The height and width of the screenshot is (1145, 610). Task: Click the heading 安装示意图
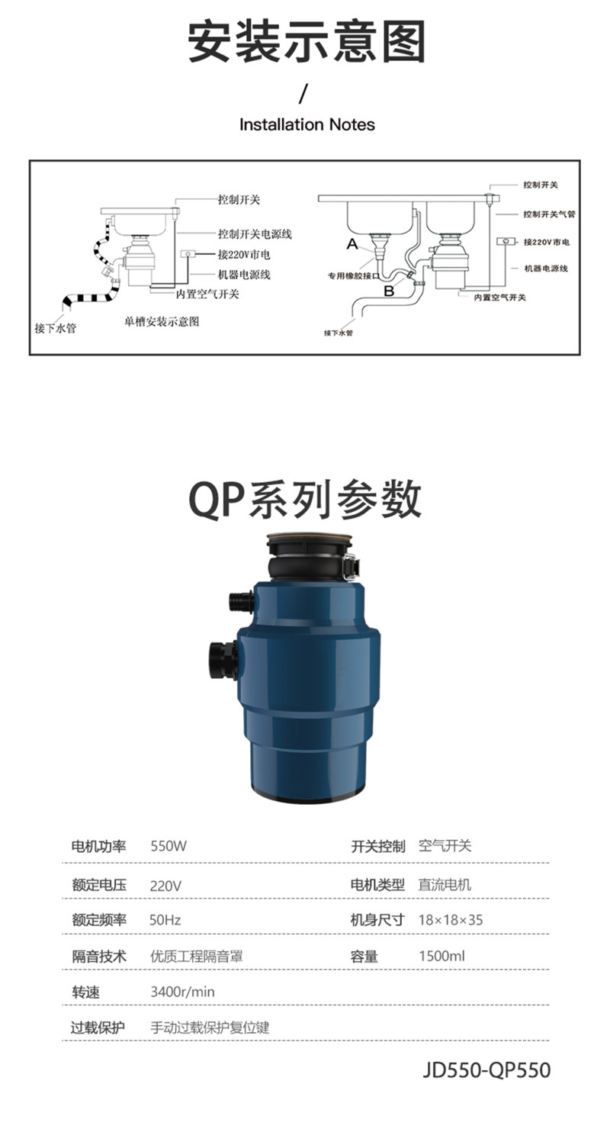click(x=307, y=41)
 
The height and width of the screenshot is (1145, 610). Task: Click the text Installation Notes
click(x=307, y=124)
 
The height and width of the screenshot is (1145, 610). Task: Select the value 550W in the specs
click(x=169, y=846)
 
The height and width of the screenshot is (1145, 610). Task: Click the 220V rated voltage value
click(x=165, y=886)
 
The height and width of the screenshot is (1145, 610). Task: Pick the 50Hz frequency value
click(x=165, y=920)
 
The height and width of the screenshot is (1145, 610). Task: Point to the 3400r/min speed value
click(x=182, y=992)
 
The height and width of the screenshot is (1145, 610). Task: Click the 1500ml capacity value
click(x=442, y=956)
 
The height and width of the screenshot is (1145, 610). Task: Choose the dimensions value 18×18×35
click(x=451, y=920)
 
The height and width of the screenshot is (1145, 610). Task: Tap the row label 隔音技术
click(x=99, y=957)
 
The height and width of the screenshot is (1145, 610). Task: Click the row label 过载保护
click(x=98, y=1028)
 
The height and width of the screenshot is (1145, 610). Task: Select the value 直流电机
click(x=445, y=885)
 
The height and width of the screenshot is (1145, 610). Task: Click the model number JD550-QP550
click(x=486, y=1070)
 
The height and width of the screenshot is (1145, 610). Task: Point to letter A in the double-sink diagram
click(x=352, y=244)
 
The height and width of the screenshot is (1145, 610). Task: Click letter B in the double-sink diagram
click(x=390, y=291)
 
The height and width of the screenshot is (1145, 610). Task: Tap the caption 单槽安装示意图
click(x=162, y=321)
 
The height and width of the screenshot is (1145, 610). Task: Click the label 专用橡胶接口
click(x=353, y=276)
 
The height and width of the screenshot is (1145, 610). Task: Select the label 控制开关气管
click(x=549, y=214)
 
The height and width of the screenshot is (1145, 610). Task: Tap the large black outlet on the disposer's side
click(x=223, y=661)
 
